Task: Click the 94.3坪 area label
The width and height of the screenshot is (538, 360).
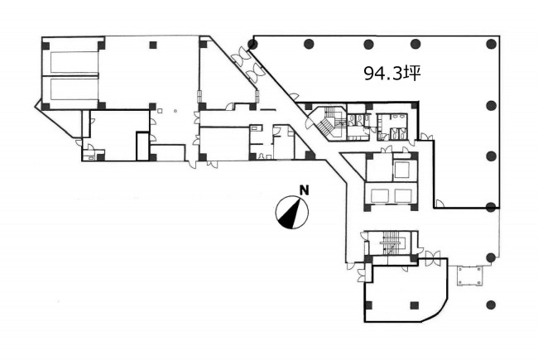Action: (392, 73)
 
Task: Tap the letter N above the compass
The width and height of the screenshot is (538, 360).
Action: (304, 190)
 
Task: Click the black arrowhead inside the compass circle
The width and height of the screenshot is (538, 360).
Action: (292, 215)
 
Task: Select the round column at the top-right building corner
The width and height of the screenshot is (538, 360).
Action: (492, 44)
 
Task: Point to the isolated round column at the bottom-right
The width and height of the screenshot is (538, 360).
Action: (491, 305)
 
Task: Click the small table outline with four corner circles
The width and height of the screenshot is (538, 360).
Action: (469, 276)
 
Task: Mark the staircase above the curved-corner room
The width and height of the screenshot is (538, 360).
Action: (391, 242)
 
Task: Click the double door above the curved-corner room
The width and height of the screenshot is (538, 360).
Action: (432, 258)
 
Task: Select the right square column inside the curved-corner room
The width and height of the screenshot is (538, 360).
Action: (415, 305)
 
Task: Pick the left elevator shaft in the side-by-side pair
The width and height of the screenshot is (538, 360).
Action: (379, 196)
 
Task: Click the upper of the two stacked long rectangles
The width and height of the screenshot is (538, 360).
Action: (74, 62)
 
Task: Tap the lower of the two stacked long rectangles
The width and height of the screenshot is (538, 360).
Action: (74, 89)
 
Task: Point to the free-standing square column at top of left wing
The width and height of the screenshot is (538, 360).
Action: (153, 45)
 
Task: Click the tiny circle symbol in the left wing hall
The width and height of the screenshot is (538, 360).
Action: (175, 111)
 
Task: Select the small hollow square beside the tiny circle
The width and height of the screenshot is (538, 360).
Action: (160, 111)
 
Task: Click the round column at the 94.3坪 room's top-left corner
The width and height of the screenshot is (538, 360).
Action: (253, 44)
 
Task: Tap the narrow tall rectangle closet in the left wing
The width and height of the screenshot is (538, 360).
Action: (142, 146)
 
